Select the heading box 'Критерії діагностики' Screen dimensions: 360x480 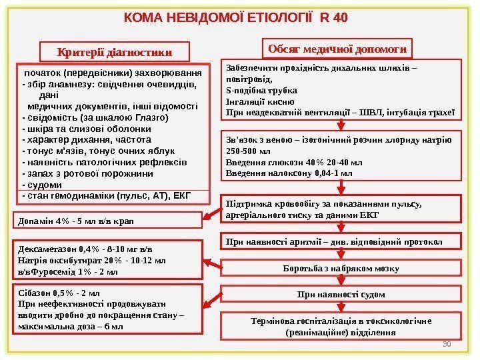(x=115, y=51)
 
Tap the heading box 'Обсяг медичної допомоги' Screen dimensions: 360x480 (x=337, y=48)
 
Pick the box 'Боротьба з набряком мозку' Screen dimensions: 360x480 (x=340, y=269)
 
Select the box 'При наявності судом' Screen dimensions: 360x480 (x=340, y=293)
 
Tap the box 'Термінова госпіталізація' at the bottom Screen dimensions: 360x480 (x=340, y=326)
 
